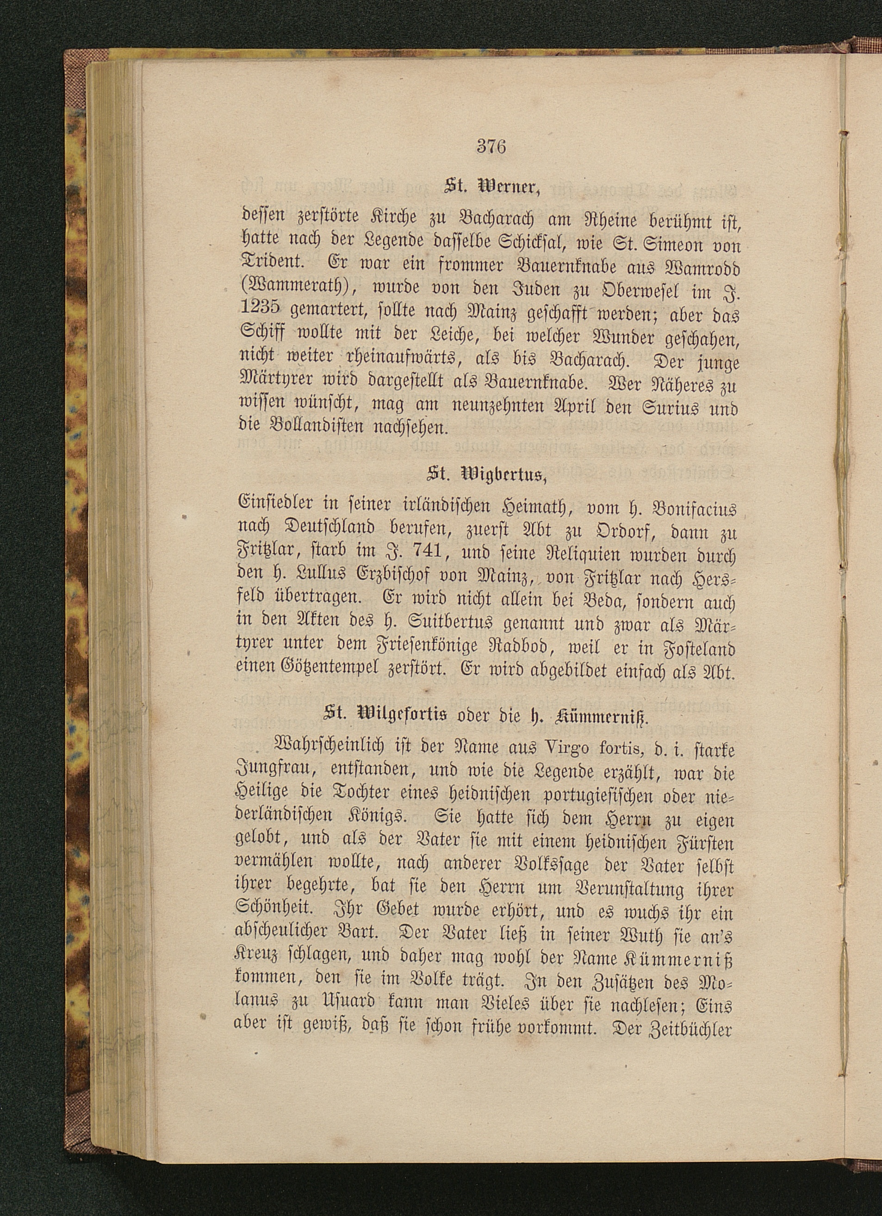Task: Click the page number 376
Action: [491, 146]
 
